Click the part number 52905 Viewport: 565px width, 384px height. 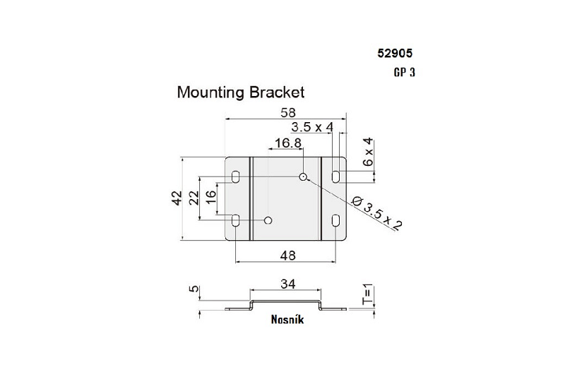click(x=395, y=53)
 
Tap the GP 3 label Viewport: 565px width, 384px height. click(x=404, y=72)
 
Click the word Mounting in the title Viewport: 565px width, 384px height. click(x=208, y=92)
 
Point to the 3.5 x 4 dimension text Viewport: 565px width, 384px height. click(x=312, y=127)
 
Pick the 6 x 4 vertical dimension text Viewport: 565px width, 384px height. click(x=368, y=152)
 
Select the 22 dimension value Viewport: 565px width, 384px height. click(x=194, y=198)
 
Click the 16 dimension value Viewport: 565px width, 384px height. click(x=210, y=198)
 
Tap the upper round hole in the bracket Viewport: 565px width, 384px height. click(x=303, y=176)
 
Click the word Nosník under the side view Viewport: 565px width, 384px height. click(x=287, y=319)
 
